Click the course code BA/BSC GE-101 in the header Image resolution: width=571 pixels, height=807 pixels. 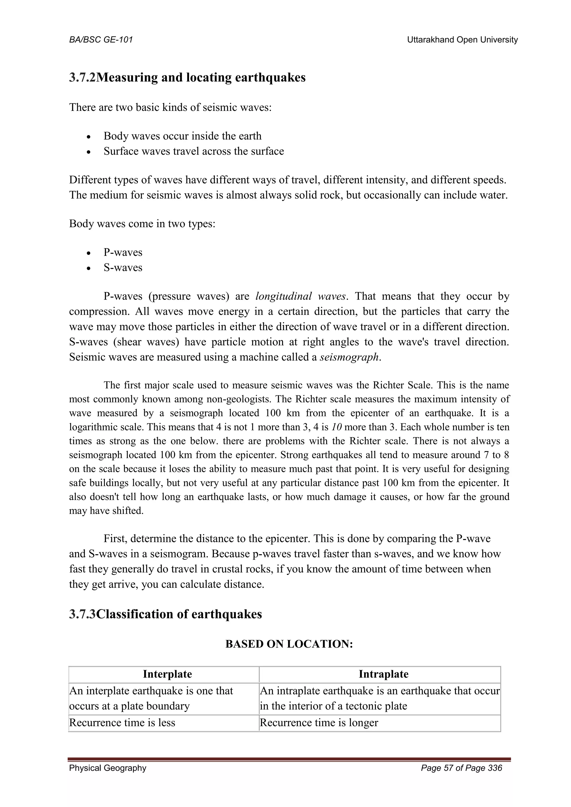(x=101, y=40)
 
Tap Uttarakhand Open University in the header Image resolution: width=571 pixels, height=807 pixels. (x=462, y=40)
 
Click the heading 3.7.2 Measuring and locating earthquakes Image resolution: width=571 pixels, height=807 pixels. (x=187, y=77)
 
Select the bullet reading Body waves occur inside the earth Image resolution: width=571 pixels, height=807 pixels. (x=182, y=136)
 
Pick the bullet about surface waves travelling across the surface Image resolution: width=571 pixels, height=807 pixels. (x=193, y=151)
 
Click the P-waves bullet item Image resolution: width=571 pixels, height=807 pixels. (x=123, y=252)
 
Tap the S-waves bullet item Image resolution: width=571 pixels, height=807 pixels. (x=123, y=268)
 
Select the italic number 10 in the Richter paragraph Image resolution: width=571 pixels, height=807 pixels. (x=337, y=427)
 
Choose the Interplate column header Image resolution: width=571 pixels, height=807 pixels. (x=167, y=674)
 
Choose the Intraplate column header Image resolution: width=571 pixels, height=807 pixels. (x=383, y=674)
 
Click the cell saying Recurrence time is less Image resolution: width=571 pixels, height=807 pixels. (x=122, y=723)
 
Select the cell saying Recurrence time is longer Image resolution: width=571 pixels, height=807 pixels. (x=319, y=723)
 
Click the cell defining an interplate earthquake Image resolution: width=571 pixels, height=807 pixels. (x=151, y=698)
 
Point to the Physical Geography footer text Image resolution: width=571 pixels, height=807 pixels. (x=108, y=768)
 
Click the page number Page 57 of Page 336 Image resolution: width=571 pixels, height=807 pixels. (x=461, y=768)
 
